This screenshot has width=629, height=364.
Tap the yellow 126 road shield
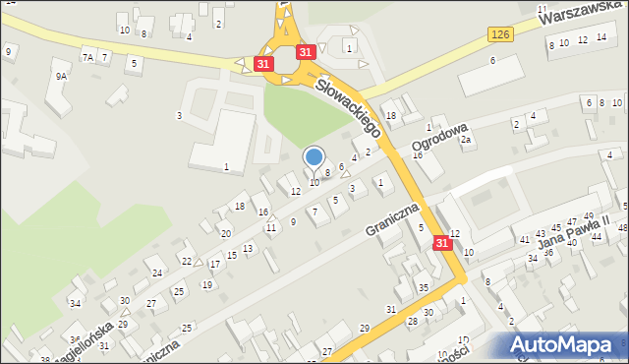499,34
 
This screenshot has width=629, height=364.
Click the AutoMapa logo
566,344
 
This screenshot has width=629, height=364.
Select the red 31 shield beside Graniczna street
443,242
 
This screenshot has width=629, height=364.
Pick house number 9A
61,76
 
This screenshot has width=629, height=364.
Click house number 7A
87,58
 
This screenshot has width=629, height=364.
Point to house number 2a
468,140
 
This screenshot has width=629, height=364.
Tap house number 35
423,287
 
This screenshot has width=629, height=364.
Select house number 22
187,261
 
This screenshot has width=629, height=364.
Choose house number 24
157,273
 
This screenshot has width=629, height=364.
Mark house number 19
206,285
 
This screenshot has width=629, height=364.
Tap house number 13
248,248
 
